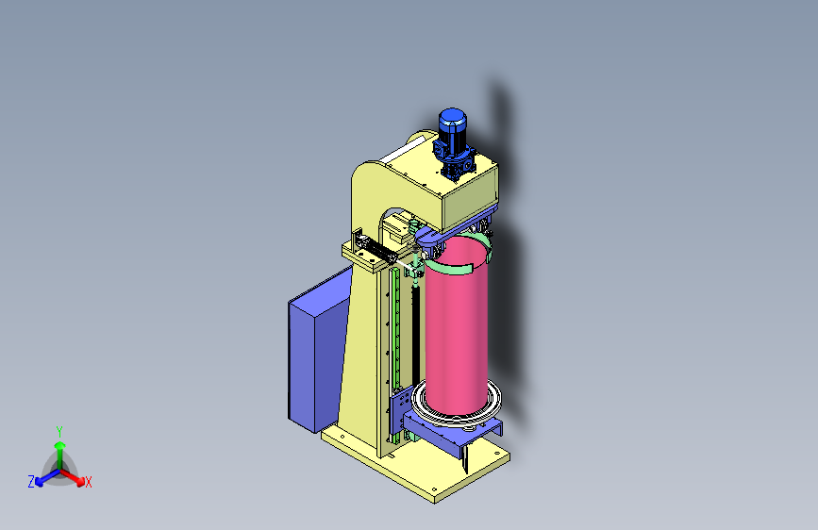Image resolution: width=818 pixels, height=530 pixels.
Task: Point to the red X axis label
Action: click(x=88, y=483)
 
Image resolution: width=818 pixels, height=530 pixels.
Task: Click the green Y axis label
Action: click(x=59, y=432)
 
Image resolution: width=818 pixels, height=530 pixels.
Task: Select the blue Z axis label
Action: click(x=31, y=482)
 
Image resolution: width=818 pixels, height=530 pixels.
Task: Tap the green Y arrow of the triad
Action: click(x=60, y=455)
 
